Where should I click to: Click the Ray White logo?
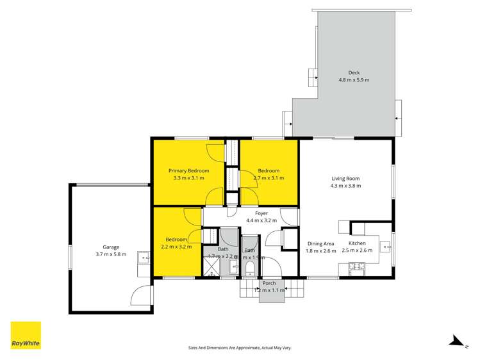pyautogui.click(x=26, y=335)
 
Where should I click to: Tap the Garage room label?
pyautogui.click(x=111, y=247)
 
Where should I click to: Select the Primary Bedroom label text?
pyautogui.click(x=188, y=170)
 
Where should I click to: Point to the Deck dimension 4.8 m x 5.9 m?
pyautogui.click(x=354, y=80)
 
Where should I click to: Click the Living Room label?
pyautogui.click(x=345, y=179)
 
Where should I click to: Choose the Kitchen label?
pyautogui.click(x=357, y=243)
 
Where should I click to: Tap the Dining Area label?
pyautogui.click(x=320, y=243)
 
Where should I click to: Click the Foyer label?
pyautogui.click(x=261, y=213)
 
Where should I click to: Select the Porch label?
pyautogui.click(x=269, y=283)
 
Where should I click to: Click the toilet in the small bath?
pyautogui.click(x=251, y=268)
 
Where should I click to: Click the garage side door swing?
pyautogui.click(x=140, y=295)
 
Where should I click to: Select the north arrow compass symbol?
pyautogui.click(x=456, y=341)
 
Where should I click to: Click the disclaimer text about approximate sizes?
pyautogui.click(x=240, y=347)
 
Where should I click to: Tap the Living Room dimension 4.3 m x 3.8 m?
pyautogui.click(x=345, y=186)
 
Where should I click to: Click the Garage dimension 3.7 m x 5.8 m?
pyautogui.click(x=111, y=254)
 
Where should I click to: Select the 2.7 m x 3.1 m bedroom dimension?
pyautogui.click(x=269, y=178)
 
